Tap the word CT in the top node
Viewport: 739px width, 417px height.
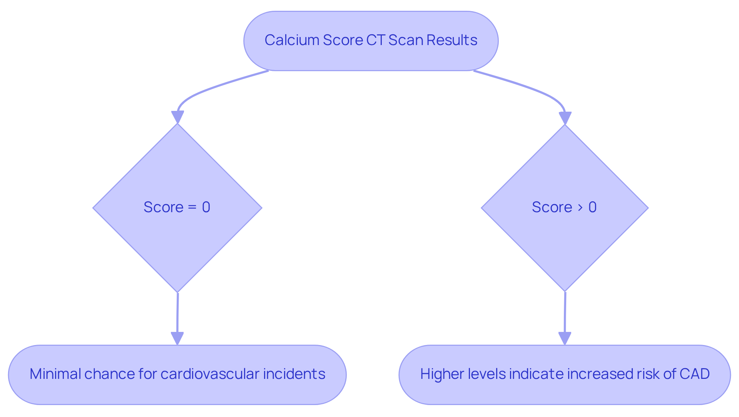pos(375,40)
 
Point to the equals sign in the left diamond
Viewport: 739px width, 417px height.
pos(192,208)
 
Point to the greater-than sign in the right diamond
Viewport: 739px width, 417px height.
pos(580,208)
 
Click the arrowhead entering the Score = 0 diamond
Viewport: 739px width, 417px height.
pos(177,117)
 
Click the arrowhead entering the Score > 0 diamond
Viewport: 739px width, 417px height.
pos(565,118)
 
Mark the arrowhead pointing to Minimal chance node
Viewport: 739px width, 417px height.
pos(177,338)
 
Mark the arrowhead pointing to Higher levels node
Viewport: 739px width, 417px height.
pos(565,338)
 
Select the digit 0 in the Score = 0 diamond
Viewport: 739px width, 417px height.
pos(206,208)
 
